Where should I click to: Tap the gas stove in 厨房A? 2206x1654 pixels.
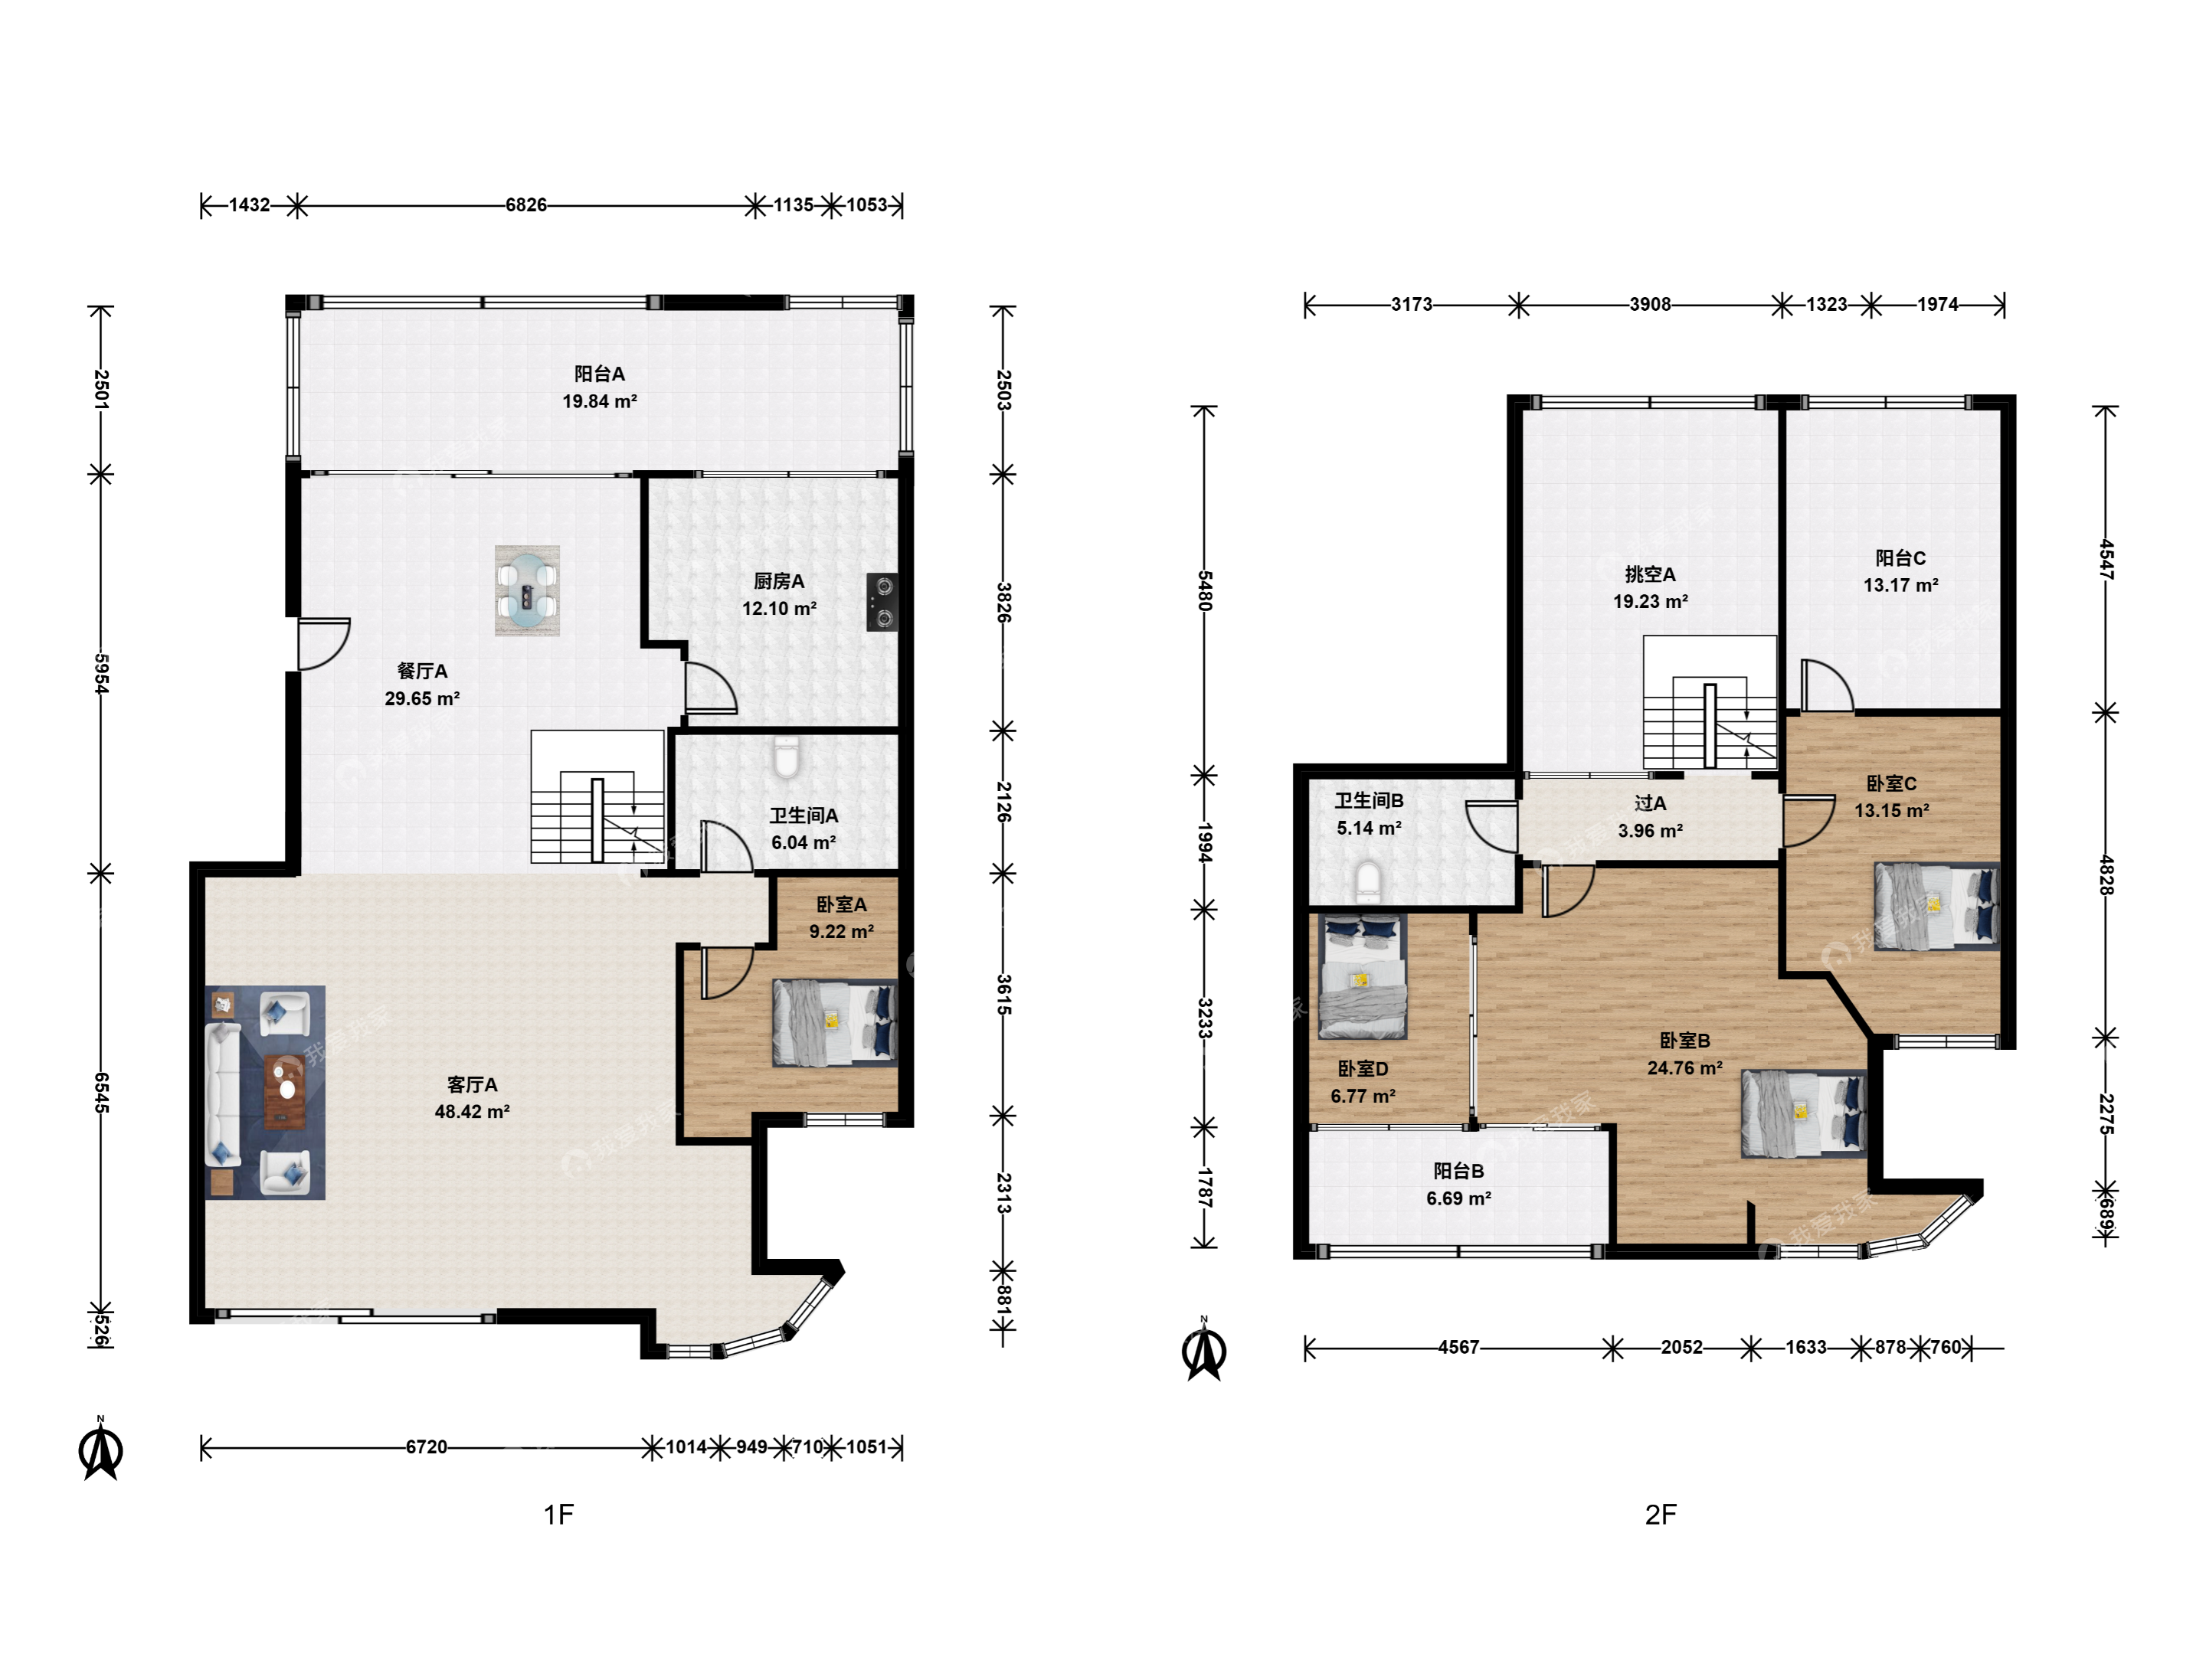(881, 602)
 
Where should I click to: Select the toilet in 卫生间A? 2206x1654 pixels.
(786, 757)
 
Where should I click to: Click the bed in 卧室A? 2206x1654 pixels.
(835, 1023)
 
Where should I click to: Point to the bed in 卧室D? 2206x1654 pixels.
(1363, 977)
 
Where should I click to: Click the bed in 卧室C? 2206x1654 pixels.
(1936, 907)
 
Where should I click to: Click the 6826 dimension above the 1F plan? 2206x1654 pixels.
(525, 205)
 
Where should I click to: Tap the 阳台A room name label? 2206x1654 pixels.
(599, 374)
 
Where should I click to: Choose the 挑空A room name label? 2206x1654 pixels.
(1651, 574)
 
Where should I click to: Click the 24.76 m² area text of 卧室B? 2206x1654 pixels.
(1684, 1067)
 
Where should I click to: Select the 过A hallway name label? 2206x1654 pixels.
(1651, 803)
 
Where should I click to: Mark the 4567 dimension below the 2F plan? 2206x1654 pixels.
(1458, 1348)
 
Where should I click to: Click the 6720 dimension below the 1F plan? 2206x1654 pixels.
(426, 1447)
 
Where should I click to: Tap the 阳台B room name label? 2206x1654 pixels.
(1459, 1172)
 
